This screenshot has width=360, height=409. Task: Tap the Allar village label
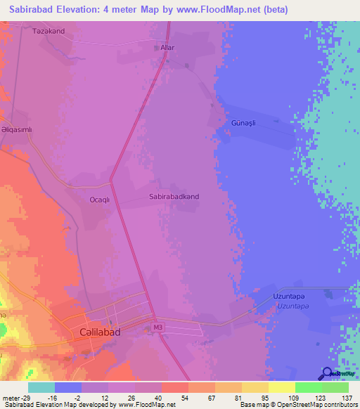[x=167, y=48]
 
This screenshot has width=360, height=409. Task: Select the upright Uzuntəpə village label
[x=290, y=297]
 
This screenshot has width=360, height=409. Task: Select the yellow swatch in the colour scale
[x=281, y=387]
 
